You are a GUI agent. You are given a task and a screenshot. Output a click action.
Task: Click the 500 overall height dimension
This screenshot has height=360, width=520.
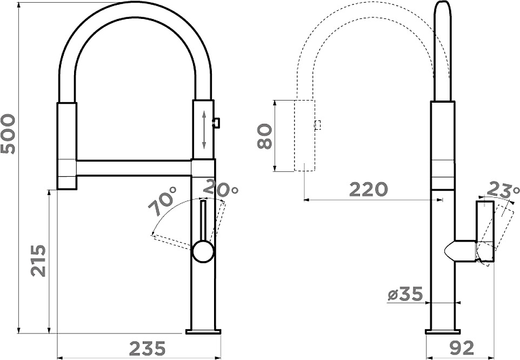(8, 134)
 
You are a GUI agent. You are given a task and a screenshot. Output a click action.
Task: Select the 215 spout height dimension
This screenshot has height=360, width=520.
(38, 261)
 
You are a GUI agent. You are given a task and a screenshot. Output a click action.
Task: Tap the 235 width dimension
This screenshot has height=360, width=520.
(147, 349)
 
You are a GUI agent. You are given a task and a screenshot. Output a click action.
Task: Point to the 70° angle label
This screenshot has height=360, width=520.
(163, 201)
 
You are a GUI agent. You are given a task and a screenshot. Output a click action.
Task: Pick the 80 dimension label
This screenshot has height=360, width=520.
(265, 136)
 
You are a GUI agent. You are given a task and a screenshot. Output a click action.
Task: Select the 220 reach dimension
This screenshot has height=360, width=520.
(369, 189)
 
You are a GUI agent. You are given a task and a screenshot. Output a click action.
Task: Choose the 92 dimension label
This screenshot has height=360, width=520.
(462, 348)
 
